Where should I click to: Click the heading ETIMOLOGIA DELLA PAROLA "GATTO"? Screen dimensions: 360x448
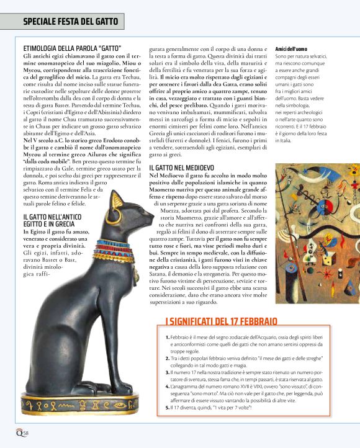(72, 48)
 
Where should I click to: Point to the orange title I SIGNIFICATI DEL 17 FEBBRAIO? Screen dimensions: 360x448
(221, 321)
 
